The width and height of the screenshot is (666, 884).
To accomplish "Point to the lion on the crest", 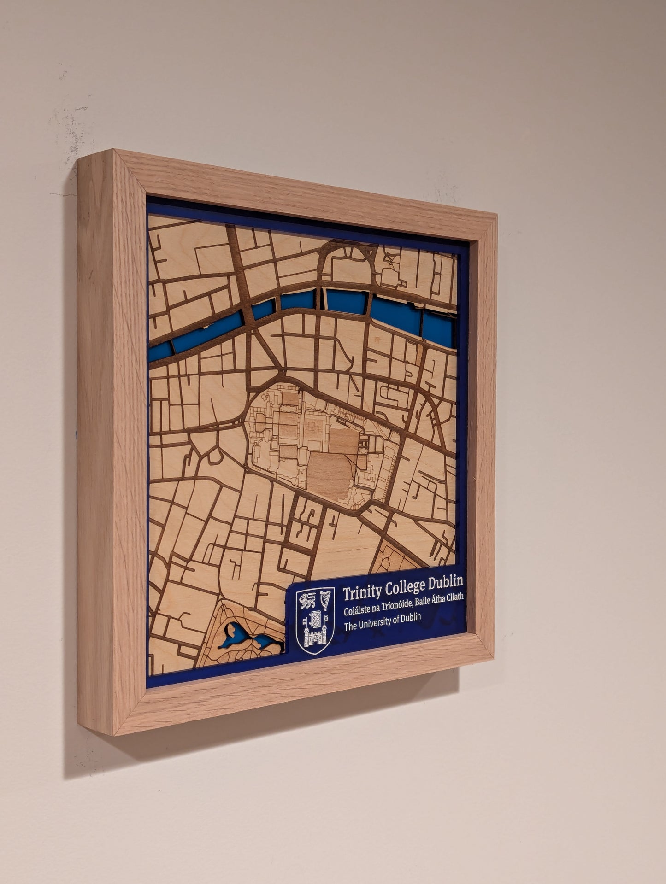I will pos(307,601).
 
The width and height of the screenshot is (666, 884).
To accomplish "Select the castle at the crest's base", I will pos(315,639).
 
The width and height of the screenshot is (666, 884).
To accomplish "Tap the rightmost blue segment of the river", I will pos(437,327).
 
